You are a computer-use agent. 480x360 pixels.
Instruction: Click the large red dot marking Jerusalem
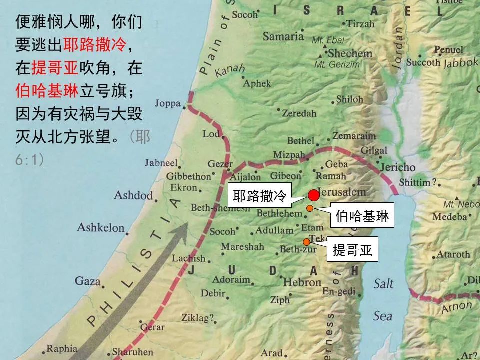tap(313, 195)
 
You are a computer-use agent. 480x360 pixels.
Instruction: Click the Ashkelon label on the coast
tap(101, 228)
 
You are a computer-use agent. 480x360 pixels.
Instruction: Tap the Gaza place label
tap(88, 281)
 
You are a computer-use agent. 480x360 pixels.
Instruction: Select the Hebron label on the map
tap(302, 282)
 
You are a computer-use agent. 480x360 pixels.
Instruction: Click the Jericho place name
tap(398, 167)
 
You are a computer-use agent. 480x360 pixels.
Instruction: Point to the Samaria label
tap(283, 36)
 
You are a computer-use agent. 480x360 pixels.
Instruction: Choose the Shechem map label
tap(350, 53)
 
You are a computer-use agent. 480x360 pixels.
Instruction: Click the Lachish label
tap(188, 258)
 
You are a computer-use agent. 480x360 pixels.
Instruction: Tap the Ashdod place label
tap(133, 195)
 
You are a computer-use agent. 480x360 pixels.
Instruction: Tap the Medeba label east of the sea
tap(449, 217)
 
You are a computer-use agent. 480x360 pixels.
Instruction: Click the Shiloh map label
tap(349, 99)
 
